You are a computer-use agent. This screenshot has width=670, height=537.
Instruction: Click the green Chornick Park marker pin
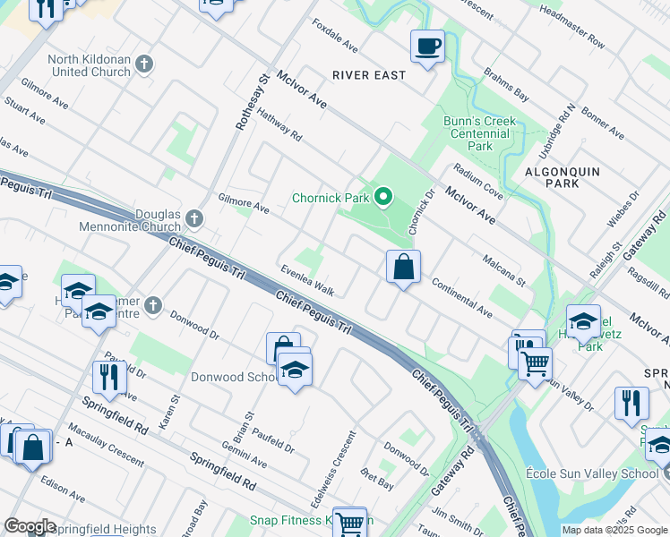click(x=384, y=196)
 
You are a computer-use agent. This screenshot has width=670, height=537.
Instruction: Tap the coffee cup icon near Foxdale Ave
click(x=427, y=46)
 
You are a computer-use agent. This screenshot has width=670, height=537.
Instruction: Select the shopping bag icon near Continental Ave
click(x=403, y=266)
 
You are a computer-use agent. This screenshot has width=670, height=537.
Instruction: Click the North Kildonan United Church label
click(x=89, y=65)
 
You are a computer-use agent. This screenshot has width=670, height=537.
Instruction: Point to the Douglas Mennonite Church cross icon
click(x=196, y=219)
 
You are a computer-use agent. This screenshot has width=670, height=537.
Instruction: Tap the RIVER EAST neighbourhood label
click(x=369, y=75)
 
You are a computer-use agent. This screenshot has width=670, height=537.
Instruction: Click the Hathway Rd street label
click(x=279, y=124)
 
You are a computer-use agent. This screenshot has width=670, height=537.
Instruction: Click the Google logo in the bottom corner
click(x=30, y=526)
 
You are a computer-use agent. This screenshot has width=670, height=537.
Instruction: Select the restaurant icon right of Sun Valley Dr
click(x=631, y=404)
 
